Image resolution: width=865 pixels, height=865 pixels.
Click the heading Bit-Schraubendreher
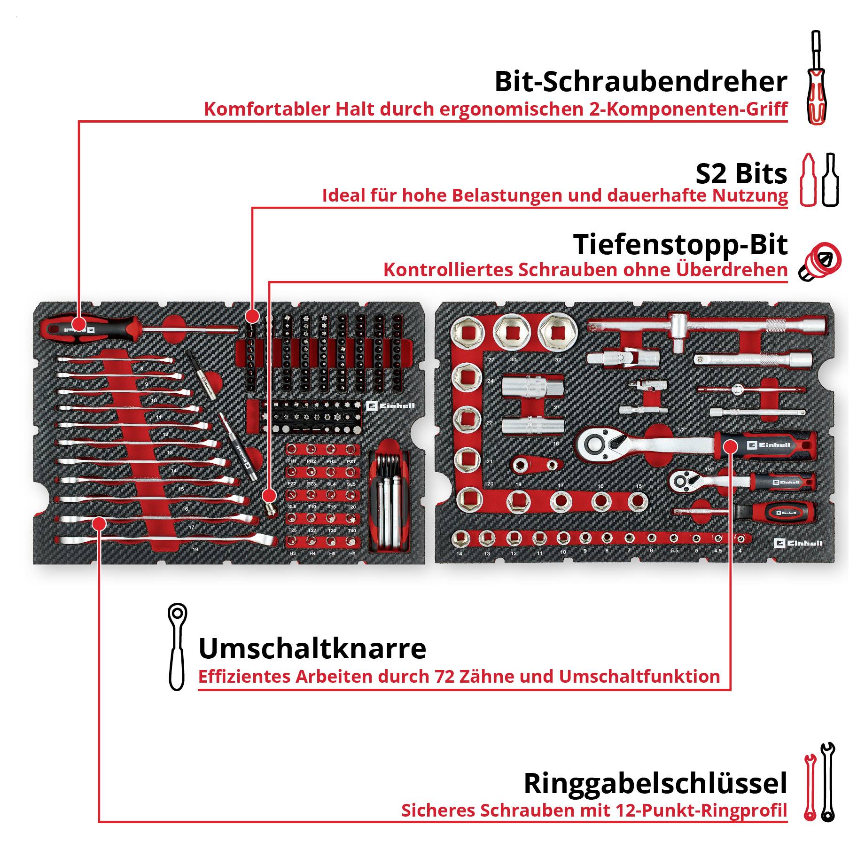pyautogui.click(x=640, y=81)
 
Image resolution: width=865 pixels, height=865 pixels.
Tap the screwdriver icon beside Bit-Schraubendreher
pyautogui.click(x=816, y=78)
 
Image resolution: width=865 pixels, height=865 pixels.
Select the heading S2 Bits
pyautogui.click(x=741, y=174)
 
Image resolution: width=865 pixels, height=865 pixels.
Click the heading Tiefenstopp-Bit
pyautogui.click(x=680, y=245)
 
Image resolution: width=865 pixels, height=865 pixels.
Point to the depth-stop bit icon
pyautogui.click(x=820, y=262)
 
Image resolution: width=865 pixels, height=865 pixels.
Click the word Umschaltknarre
pyautogui.click(x=312, y=649)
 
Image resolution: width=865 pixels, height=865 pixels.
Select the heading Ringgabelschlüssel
pyautogui.click(x=655, y=783)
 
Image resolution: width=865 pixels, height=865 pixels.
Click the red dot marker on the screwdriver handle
pyautogui.click(x=79, y=324)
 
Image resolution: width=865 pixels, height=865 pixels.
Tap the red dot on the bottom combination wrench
pyautogui.click(x=99, y=523)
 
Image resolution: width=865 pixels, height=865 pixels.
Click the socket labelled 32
pyautogui.click(x=557, y=332)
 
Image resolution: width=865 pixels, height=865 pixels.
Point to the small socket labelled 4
pyautogui.click(x=740, y=538)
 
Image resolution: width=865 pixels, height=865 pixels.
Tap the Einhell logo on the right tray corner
pyautogui.click(x=798, y=543)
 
